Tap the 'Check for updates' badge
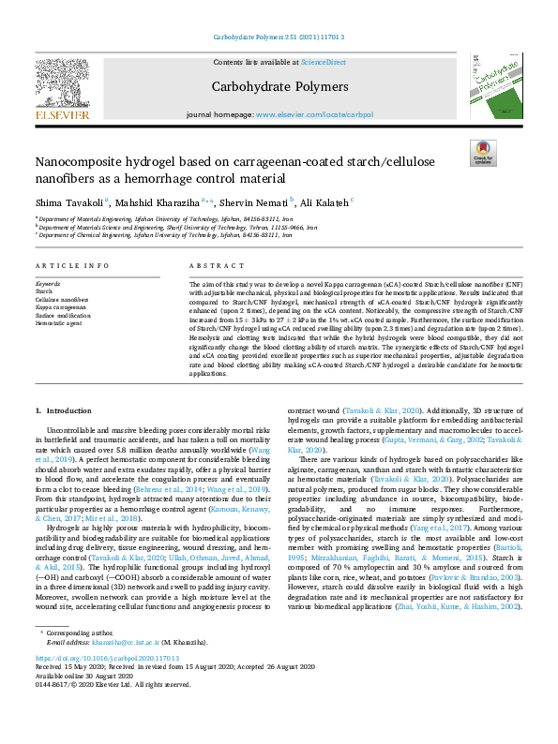[x=482, y=152]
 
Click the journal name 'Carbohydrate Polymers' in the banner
[x=279, y=87]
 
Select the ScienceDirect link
[x=323, y=62]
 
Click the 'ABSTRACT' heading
[x=211, y=265]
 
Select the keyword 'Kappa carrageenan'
[x=63, y=307]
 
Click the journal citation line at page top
[x=279, y=37]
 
